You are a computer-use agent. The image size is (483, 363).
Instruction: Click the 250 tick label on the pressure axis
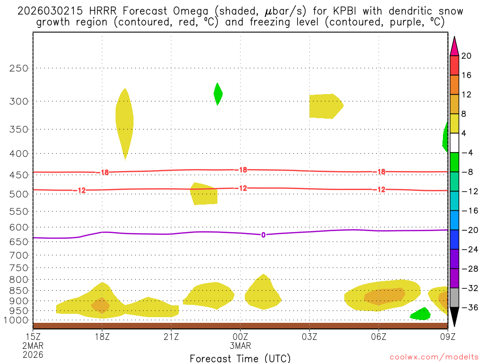pos(19,68)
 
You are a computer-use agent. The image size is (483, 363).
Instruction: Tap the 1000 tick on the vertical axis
pos(17,320)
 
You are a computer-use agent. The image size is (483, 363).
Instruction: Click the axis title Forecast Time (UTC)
pos(240,358)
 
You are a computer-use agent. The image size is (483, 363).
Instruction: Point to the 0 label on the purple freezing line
pos(263,235)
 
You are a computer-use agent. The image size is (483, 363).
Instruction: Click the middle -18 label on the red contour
pos(241,170)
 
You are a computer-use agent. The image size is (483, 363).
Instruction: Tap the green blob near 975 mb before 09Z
pos(420,314)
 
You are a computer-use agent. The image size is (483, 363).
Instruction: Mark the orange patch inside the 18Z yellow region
pos(100,305)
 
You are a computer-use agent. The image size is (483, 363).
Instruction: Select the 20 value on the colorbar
pos(466,56)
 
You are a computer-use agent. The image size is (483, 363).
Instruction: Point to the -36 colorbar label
pos(468,307)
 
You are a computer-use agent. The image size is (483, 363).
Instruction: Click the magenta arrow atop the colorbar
pos(455,46)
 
